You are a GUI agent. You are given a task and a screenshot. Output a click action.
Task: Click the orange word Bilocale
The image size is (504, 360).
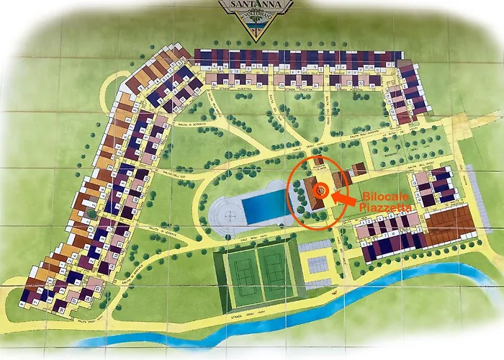(x=383, y=196)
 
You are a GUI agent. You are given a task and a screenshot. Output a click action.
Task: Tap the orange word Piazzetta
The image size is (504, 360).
(x=386, y=207)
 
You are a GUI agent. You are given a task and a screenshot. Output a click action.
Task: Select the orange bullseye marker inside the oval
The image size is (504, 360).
(x=321, y=191)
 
